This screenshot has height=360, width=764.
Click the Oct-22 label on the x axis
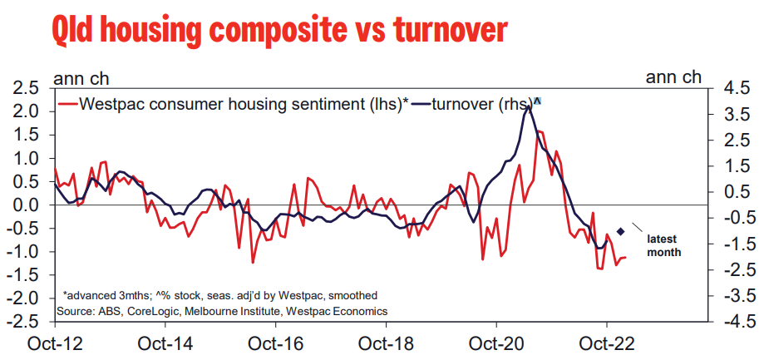click(x=606, y=343)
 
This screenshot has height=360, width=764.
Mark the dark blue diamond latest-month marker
click(x=621, y=230)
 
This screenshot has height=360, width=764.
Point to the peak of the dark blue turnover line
click(x=529, y=106)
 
